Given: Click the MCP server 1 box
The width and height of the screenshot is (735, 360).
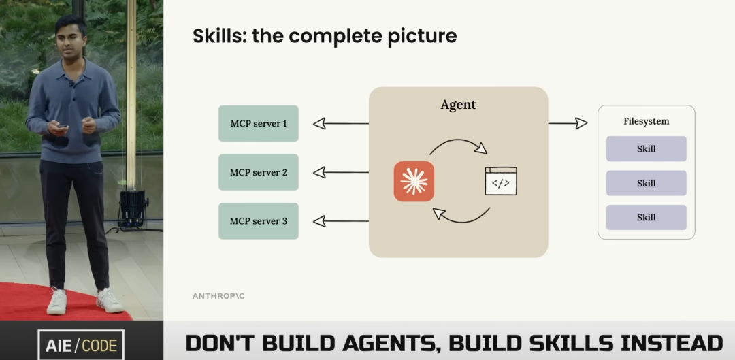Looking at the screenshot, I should pyautogui.click(x=259, y=123).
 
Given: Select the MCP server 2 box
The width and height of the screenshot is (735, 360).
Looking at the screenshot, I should pyautogui.click(x=259, y=172).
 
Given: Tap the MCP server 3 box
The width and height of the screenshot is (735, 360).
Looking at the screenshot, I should pyautogui.click(x=259, y=220).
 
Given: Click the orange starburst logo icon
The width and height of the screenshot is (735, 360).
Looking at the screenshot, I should pyautogui.click(x=414, y=181).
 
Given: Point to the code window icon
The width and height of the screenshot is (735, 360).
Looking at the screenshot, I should pyautogui.click(x=500, y=181).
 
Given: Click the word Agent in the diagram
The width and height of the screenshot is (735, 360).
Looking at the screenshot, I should pyautogui.click(x=458, y=105).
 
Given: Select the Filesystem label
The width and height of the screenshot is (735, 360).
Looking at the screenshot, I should pyautogui.click(x=646, y=121).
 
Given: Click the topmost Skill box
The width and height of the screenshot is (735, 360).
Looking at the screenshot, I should pyautogui.click(x=646, y=148).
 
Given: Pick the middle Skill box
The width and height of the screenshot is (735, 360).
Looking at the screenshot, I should pyautogui.click(x=646, y=183).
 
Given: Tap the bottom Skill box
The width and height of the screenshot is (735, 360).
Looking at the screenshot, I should pyautogui.click(x=646, y=217).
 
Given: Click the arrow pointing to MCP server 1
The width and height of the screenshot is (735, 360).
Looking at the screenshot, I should pyautogui.click(x=340, y=123).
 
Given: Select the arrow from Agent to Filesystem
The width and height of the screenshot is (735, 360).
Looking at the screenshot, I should pyautogui.click(x=568, y=123).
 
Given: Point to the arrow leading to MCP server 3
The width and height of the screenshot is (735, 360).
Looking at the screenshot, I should pyautogui.click(x=340, y=220).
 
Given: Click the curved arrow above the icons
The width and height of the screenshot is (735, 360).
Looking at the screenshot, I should pyautogui.click(x=458, y=144).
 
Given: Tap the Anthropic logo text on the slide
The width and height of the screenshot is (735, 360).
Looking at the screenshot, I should pyautogui.click(x=219, y=296).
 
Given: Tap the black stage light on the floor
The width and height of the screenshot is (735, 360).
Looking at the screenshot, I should pyautogui.click(x=133, y=208).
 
